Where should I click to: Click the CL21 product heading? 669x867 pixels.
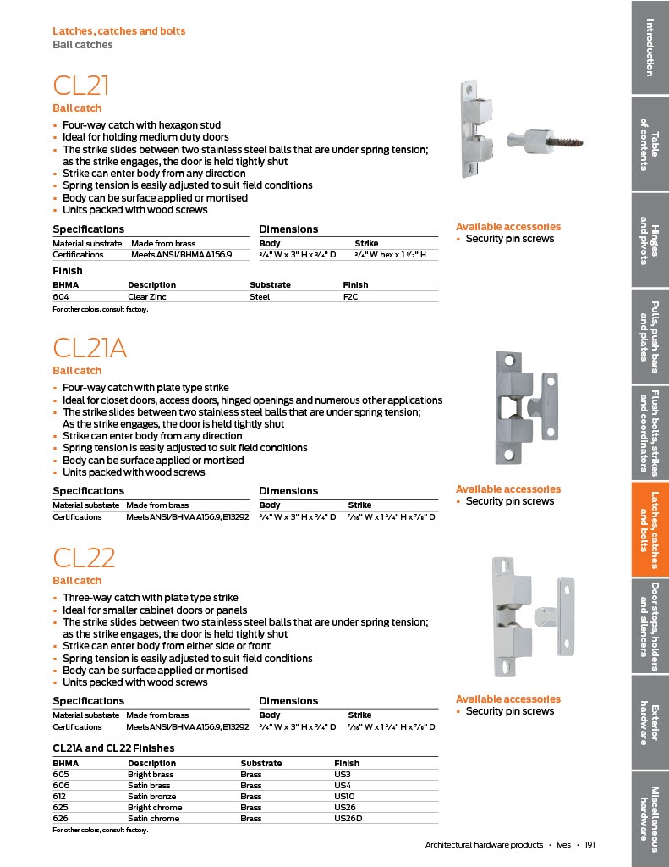click(x=81, y=86)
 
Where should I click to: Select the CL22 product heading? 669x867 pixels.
click(x=84, y=558)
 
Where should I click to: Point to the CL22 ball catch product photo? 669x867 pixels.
click(x=529, y=615)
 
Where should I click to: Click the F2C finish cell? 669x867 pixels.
click(x=350, y=297)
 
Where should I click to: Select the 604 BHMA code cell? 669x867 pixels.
click(x=61, y=297)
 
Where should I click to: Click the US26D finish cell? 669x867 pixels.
click(x=348, y=819)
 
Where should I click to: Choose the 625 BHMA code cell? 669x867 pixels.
click(x=60, y=808)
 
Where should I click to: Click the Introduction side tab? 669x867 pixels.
click(x=650, y=47)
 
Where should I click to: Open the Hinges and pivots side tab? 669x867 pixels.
click(x=650, y=240)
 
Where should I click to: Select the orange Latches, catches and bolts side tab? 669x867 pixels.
click(x=650, y=529)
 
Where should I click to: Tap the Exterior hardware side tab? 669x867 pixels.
click(x=650, y=722)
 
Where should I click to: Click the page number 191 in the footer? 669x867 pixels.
click(x=589, y=845)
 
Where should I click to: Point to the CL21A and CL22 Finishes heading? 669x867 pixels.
click(x=113, y=748)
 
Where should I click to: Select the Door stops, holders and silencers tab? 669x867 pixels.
click(x=650, y=626)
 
